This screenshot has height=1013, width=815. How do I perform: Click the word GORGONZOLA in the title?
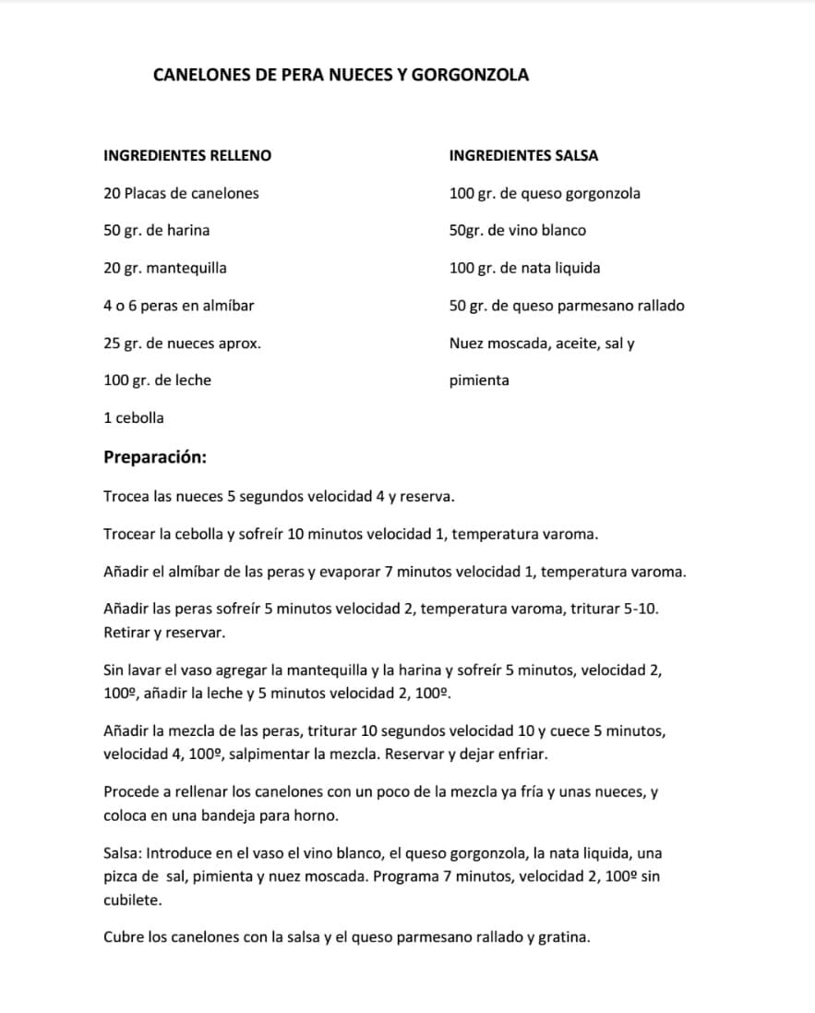470,76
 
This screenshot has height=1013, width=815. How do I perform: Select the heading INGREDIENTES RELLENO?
187,156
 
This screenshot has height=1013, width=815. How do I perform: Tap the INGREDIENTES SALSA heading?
523,156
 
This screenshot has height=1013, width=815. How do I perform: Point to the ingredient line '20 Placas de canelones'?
181,194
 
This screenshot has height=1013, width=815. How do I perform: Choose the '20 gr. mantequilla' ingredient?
165,269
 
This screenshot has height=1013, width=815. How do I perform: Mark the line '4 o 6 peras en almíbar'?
178,306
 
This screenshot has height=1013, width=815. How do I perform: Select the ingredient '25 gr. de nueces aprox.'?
182,344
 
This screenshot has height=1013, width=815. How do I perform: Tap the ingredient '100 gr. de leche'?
157,380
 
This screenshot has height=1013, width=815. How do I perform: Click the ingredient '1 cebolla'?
134,418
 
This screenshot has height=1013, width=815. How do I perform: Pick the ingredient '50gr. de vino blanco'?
517,231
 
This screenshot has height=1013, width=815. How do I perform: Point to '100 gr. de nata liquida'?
524,269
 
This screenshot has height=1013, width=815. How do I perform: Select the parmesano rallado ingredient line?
567,306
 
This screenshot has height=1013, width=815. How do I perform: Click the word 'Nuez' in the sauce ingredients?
466,344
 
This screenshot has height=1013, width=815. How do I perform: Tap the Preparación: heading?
155,457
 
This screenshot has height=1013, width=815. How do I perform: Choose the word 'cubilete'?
132,899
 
